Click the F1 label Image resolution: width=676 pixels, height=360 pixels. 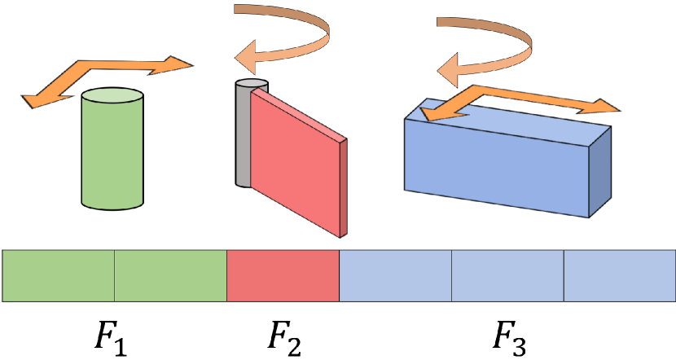tap(111, 331)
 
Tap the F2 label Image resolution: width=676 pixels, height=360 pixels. tap(283, 331)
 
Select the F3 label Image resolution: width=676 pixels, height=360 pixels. tap(510, 331)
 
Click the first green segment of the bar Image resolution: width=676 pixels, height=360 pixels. tap(59, 276)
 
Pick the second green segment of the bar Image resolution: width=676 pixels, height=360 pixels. tap(170, 276)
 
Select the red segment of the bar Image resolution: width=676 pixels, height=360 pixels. tap(283, 276)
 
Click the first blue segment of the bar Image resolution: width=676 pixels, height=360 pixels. tap(395, 276)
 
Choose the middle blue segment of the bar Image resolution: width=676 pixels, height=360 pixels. tap(507, 276)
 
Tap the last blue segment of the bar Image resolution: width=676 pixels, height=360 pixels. tap(619, 276)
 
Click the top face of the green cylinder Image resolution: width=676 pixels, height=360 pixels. tap(113, 97)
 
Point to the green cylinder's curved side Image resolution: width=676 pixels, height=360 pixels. tap(113, 155)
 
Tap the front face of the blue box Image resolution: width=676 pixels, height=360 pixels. tap(497, 167)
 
